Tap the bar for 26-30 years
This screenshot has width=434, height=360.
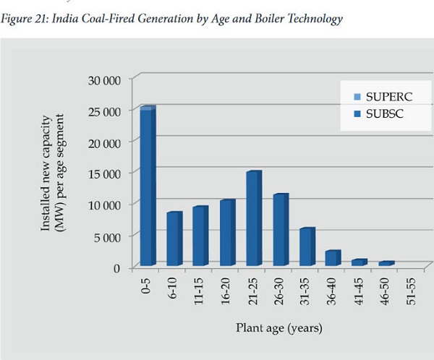coord(279,230)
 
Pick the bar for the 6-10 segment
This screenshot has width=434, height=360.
coord(174,239)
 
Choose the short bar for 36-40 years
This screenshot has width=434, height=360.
coord(332,258)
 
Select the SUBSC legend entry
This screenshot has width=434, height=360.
coord(382,114)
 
